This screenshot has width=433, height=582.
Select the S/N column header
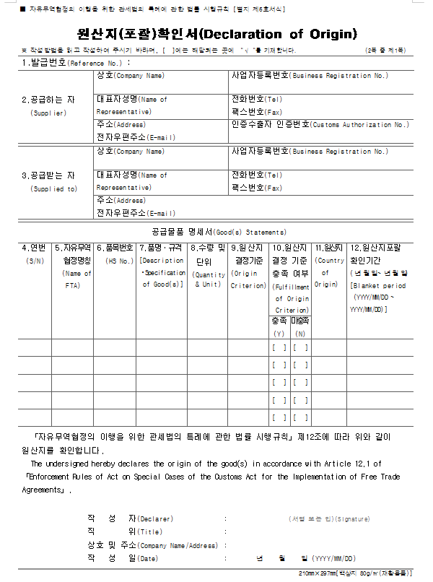click(x=34, y=261)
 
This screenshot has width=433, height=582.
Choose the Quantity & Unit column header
click(x=208, y=279)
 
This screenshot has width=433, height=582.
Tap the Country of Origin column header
click(x=329, y=272)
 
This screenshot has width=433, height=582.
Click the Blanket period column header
click(x=378, y=285)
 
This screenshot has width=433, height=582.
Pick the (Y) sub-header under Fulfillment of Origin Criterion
click(x=279, y=334)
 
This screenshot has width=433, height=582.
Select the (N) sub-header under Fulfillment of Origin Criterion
click(x=299, y=334)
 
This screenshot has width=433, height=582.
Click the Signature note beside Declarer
click(x=328, y=518)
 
